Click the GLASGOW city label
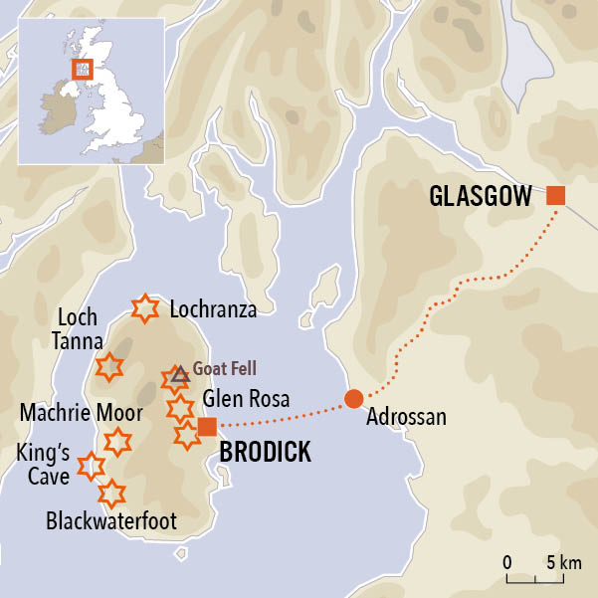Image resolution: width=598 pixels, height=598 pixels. coord(481,196)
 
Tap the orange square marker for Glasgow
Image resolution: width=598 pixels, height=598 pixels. coord(555,195)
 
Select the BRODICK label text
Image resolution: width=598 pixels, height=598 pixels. coord(265,453)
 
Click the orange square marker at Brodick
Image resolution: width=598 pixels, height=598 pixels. coord(207,428)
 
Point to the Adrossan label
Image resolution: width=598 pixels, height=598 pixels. coord(406,417)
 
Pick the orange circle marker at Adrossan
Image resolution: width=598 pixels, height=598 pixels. coord(353,399)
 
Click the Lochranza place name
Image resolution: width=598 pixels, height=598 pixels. coord(213,309)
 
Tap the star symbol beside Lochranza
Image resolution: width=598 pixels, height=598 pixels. coord(145,308)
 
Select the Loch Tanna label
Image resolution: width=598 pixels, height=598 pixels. coord(77,329)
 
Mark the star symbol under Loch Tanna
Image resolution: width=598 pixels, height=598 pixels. coord(108,366)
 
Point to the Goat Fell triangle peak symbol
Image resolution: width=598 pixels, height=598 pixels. coord(179,374)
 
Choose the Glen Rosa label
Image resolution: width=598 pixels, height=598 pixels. coord(246,400)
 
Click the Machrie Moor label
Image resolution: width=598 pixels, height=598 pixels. coord(80,412)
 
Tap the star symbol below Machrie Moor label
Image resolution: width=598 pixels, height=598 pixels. coord(117,442)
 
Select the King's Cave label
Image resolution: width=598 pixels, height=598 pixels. coord(43,466)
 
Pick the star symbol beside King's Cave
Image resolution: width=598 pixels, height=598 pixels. coord(91,465)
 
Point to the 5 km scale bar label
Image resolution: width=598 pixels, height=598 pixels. coord(563,563)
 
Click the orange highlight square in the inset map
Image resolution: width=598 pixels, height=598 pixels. coord(82,69)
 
